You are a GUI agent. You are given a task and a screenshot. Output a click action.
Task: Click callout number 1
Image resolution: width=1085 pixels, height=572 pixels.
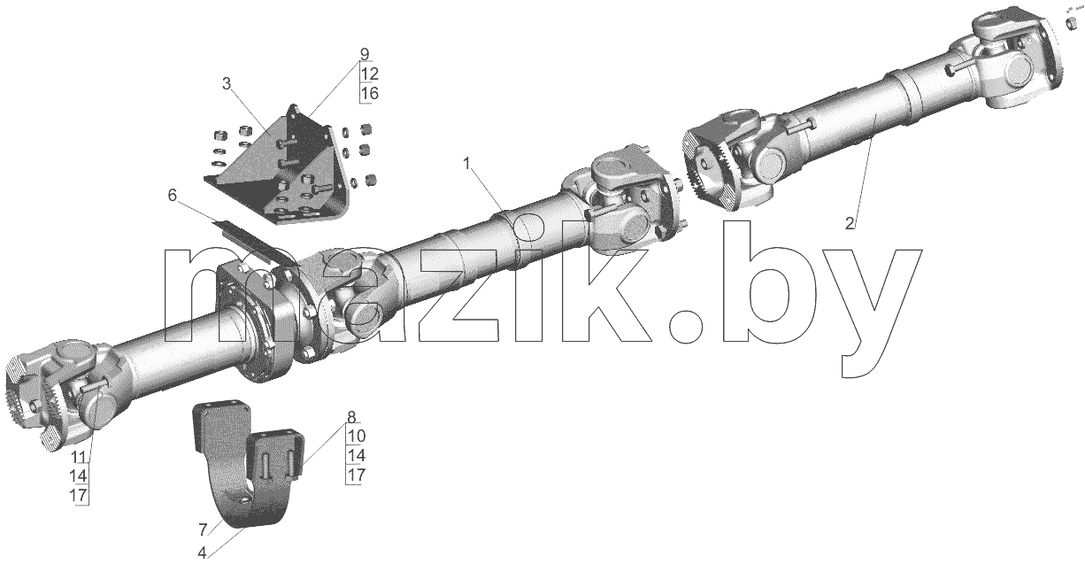pyautogui.click(x=467, y=165)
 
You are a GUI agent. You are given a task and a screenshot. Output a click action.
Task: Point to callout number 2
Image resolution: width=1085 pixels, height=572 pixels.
pyautogui.click(x=850, y=223)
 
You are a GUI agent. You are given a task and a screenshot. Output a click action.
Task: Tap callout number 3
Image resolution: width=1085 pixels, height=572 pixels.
pyautogui.click(x=227, y=84)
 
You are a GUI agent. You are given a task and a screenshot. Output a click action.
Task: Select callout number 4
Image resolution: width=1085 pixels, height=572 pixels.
pyautogui.click(x=202, y=553)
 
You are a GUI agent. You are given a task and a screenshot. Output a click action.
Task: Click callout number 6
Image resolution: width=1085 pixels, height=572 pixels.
pyautogui.click(x=173, y=196)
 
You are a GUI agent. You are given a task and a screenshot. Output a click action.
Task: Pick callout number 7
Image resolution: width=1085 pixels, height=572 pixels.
pyautogui.click(x=203, y=529)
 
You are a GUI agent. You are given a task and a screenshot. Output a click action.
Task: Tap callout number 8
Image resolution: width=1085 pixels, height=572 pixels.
pyautogui.click(x=351, y=417)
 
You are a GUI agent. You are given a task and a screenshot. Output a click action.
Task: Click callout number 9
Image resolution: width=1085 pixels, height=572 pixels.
pyautogui.click(x=365, y=54)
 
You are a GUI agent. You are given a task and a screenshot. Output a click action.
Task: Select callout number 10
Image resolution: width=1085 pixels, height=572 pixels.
pyautogui.click(x=356, y=437)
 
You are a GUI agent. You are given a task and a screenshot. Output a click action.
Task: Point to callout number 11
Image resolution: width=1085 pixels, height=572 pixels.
pyautogui.click(x=79, y=457)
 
